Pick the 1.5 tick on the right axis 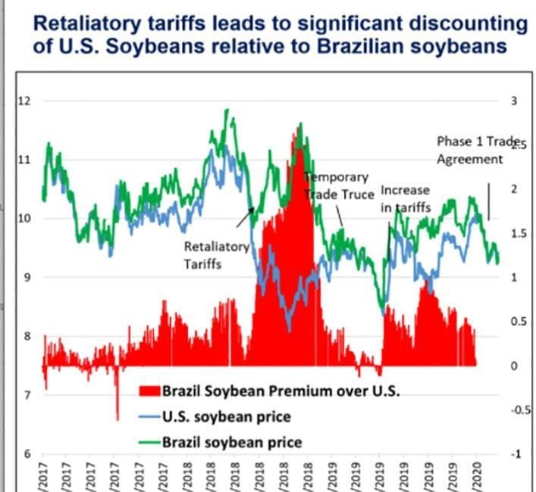[516, 234]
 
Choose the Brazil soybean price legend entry [231, 442]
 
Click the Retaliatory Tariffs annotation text [216, 255]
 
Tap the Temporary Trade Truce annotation [339, 186]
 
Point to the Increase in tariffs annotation [405, 198]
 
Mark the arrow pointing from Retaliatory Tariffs [244, 219]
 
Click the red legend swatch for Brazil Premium [149, 391]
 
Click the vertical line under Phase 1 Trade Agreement [488, 201]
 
